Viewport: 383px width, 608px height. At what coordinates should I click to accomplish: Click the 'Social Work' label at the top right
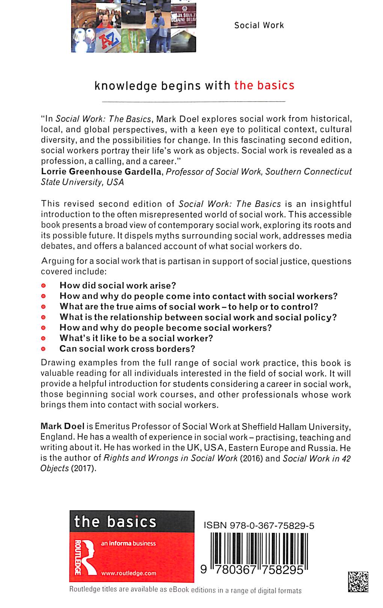[259, 26]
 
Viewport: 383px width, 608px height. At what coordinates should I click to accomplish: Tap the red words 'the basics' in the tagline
[264, 86]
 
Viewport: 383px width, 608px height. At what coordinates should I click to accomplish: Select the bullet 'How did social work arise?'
[118, 285]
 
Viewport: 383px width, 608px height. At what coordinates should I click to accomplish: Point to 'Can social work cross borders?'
[127, 349]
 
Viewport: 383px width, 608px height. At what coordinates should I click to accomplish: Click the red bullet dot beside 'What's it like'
[44, 338]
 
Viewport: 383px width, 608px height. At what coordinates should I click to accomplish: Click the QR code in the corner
[358, 581]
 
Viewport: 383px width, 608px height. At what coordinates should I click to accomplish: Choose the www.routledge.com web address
[129, 573]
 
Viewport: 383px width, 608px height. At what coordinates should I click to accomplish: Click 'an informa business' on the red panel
[128, 543]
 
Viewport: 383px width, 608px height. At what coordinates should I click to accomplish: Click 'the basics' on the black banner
[115, 522]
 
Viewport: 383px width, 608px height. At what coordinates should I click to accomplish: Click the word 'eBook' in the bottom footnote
[179, 590]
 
